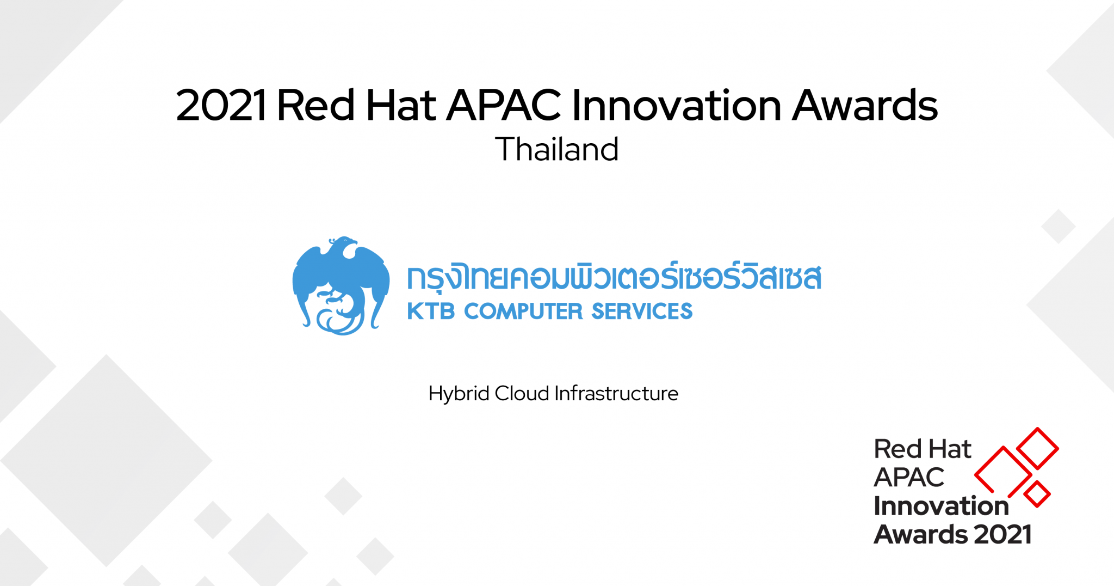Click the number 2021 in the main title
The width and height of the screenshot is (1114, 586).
tap(221, 105)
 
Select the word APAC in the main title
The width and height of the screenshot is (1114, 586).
tap(504, 105)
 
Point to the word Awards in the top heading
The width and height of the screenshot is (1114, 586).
tap(865, 105)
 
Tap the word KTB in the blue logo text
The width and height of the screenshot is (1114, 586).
tap(431, 312)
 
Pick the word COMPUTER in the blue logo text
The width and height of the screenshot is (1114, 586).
tap(523, 312)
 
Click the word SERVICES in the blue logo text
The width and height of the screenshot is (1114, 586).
tap(642, 312)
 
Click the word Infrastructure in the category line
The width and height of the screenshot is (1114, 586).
tap(616, 394)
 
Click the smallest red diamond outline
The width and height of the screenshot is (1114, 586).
tap(1037, 494)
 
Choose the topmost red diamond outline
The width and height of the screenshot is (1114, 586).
tap(1037, 448)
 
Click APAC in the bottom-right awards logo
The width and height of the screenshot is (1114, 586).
tap(909, 478)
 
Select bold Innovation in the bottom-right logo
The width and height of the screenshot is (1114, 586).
tap(941, 506)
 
